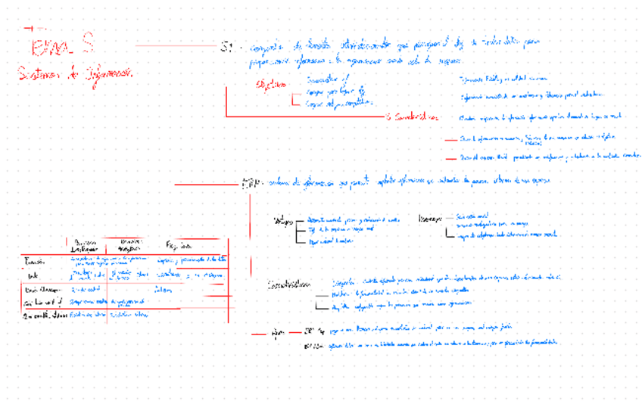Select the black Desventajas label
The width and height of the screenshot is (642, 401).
(x=430, y=219)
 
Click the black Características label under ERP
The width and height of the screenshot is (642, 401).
(x=289, y=285)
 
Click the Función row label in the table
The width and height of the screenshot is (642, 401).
(x=34, y=260)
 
